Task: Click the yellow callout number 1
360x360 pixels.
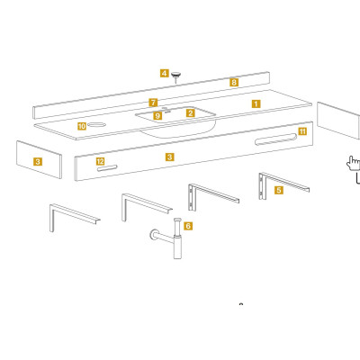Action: pos(256,103)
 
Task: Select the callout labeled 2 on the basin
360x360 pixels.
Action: pos(190,113)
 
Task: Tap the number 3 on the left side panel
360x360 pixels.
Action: pos(38,162)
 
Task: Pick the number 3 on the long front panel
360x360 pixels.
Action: pos(169,157)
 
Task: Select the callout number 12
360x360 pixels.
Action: pos(100,161)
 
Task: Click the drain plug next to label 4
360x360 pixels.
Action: pos(175,76)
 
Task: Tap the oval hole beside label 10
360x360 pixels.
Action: pos(96,124)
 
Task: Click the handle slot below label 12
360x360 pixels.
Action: pos(107,168)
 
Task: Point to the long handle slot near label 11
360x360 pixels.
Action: pos(275,139)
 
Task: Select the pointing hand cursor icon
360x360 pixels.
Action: pos(353,163)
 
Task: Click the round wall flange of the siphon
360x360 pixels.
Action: pos(154,234)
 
